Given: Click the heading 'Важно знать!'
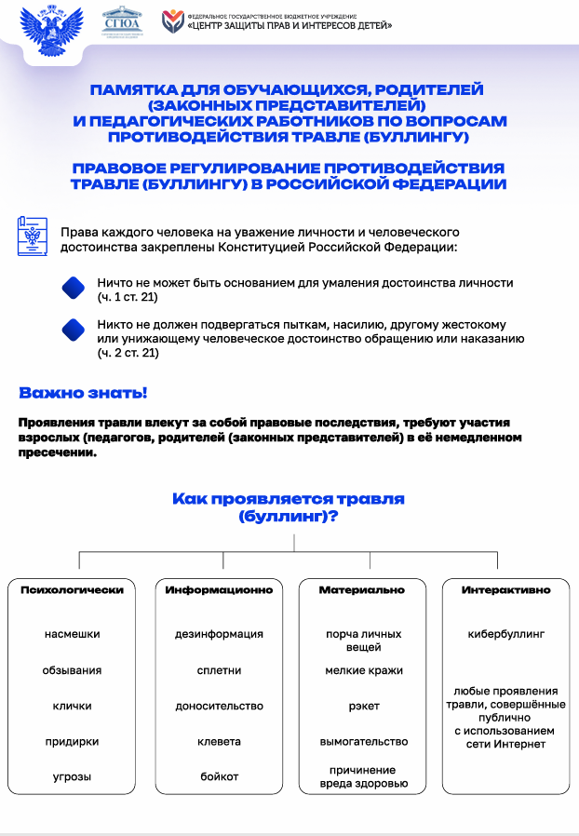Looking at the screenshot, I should tap(82, 393).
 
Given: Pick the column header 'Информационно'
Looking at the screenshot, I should tap(219, 590).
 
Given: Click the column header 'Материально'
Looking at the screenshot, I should tap(362, 590).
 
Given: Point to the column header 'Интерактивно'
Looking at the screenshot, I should tap(505, 590).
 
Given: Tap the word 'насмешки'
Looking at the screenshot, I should tap(72, 634).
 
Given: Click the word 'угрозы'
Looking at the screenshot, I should tap(72, 776).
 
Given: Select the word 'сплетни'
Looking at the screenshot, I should tap(219, 670).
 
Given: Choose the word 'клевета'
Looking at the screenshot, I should tap(219, 742).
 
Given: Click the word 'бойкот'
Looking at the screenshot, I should tap(219, 776).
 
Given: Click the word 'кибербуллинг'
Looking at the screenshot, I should tap(505, 634).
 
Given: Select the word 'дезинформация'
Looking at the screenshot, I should tap(219, 634).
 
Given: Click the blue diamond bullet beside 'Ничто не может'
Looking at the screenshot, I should tap(74, 289).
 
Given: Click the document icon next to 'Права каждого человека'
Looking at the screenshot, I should tap(33, 238).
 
